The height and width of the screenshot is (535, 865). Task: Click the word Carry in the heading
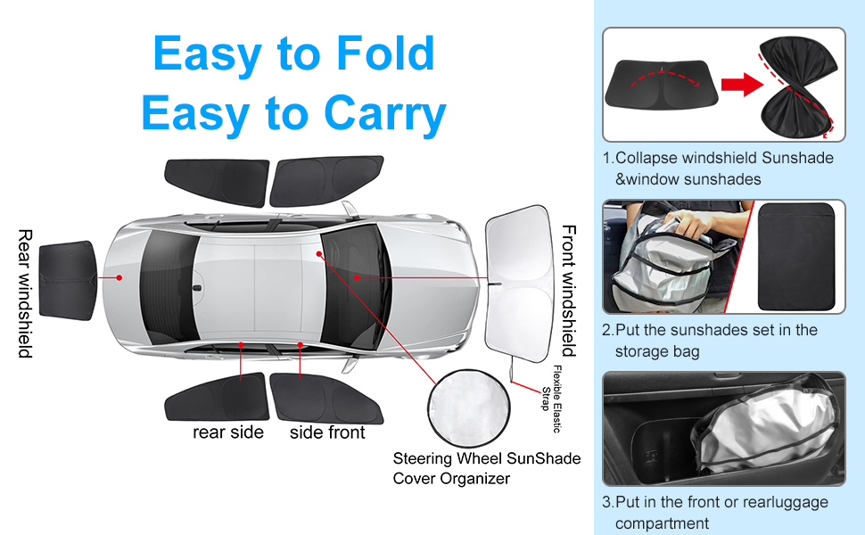384,114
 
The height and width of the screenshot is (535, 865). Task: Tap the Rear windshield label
25,293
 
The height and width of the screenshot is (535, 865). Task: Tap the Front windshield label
568,290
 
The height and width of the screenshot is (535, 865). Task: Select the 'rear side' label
228,432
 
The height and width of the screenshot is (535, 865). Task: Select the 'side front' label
327,432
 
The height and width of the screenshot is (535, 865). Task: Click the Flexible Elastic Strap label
552,399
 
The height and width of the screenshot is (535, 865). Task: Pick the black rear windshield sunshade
67,277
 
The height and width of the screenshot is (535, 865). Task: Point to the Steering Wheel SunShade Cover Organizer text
486,468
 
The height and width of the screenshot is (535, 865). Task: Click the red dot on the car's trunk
119,277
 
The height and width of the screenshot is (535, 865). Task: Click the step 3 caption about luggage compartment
714,513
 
